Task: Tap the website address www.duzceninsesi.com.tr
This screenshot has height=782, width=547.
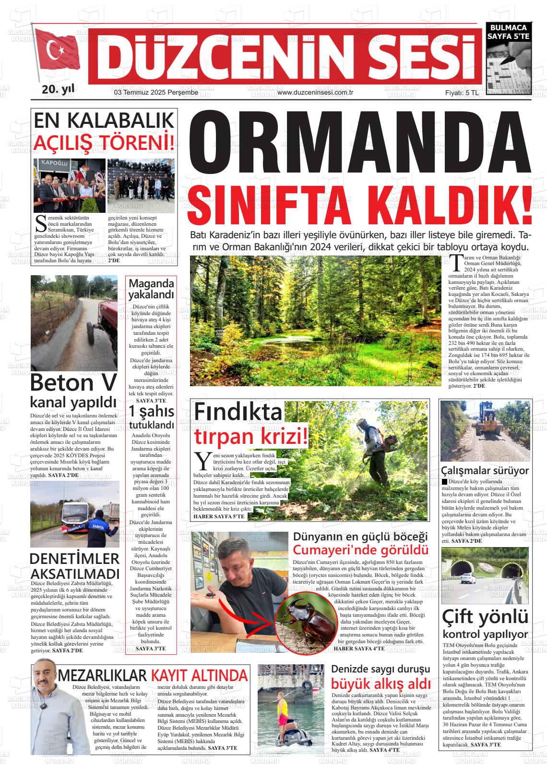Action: (x=315, y=93)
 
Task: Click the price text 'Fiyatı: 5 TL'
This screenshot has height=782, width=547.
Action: (x=461, y=93)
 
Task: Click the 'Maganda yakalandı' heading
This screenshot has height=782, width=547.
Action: (x=151, y=289)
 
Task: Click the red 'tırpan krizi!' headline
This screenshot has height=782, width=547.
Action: (x=250, y=437)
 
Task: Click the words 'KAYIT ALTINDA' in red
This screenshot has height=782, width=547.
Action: (x=200, y=675)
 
